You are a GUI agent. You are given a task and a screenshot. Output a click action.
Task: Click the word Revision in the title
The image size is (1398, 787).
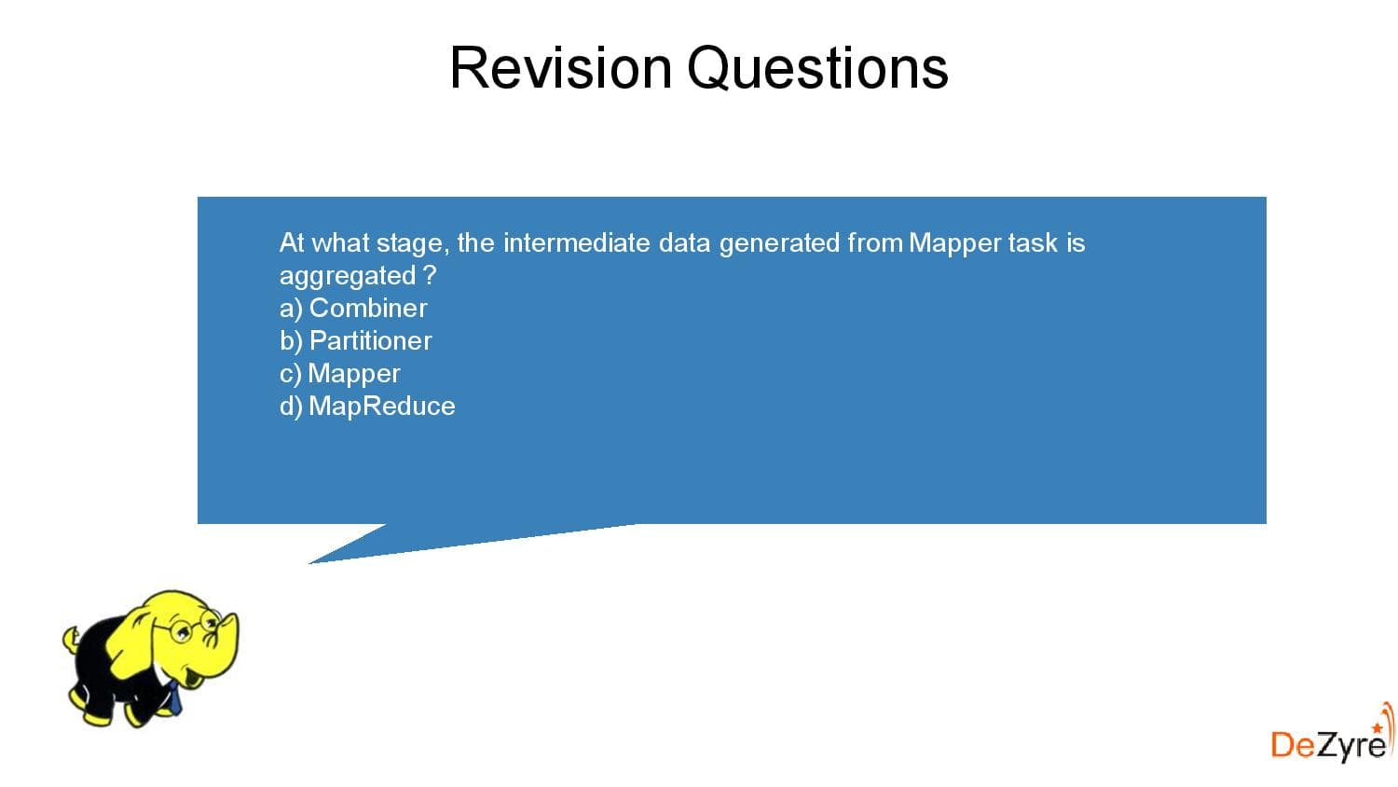(x=560, y=68)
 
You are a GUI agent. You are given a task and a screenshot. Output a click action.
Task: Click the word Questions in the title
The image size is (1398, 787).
(x=817, y=68)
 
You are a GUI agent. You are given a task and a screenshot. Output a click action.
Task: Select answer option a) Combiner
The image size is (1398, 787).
(x=353, y=308)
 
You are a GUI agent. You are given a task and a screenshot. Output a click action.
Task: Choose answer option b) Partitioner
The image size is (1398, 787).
(x=355, y=340)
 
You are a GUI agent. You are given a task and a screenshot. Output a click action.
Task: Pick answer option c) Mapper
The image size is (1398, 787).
(x=339, y=373)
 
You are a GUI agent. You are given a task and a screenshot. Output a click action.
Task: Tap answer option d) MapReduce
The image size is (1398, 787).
(x=367, y=406)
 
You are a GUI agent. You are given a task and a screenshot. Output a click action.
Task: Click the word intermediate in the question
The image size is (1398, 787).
(x=576, y=242)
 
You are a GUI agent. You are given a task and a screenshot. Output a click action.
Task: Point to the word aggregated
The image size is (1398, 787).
(x=348, y=276)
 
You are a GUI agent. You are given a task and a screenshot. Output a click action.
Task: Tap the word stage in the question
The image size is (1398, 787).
(x=413, y=243)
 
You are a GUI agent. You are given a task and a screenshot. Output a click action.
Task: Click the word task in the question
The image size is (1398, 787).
(x=1033, y=242)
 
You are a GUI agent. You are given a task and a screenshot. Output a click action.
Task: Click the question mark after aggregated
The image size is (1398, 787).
(x=429, y=275)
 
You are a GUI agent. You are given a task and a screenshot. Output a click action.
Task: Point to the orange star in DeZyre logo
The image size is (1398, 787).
(x=1377, y=726)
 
